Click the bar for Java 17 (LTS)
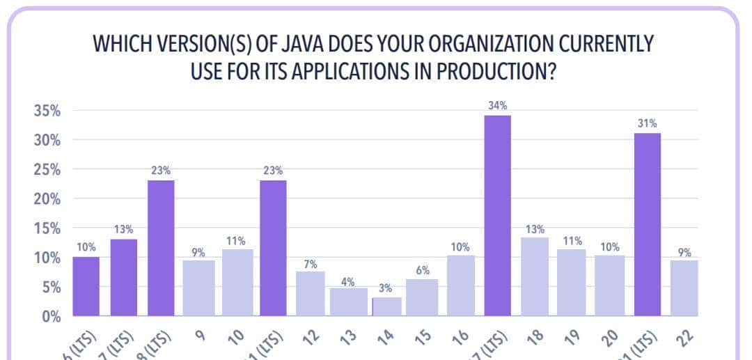pyautogui.click(x=498, y=215)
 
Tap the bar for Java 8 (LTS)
pyautogui.click(x=161, y=248)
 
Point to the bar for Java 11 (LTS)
pyautogui.click(x=273, y=248)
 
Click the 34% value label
pyautogui.click(x=498, y=105)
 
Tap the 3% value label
pyautogui.click(x=384, y=288)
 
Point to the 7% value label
pyautogui.click(x=311, y=265)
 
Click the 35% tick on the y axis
pyautogui.click(x=46, y=111)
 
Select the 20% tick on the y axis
pyautogui.click(x=46, y=199)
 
